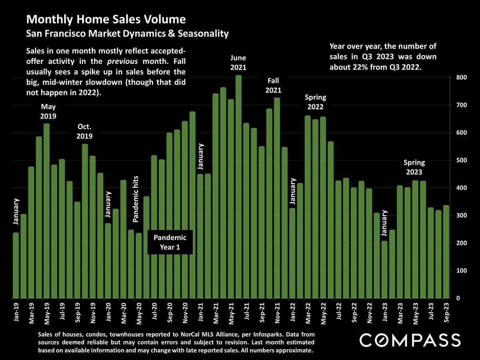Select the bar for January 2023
pyautogui.click(x=384, y=270)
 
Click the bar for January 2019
pyautogui.click(x=16, y=266)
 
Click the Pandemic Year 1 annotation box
pyautogui.click(x=170, y=242)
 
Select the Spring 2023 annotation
pyautogui.click(x=414, y=167)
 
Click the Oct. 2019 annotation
pyautogui.click(x=85, y=132)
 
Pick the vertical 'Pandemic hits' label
pyautogui.click(x=136, y=199)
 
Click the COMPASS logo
pyautogui.click(x=410, y=341)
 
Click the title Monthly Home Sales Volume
pyautogui.click(x=106, y=19)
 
